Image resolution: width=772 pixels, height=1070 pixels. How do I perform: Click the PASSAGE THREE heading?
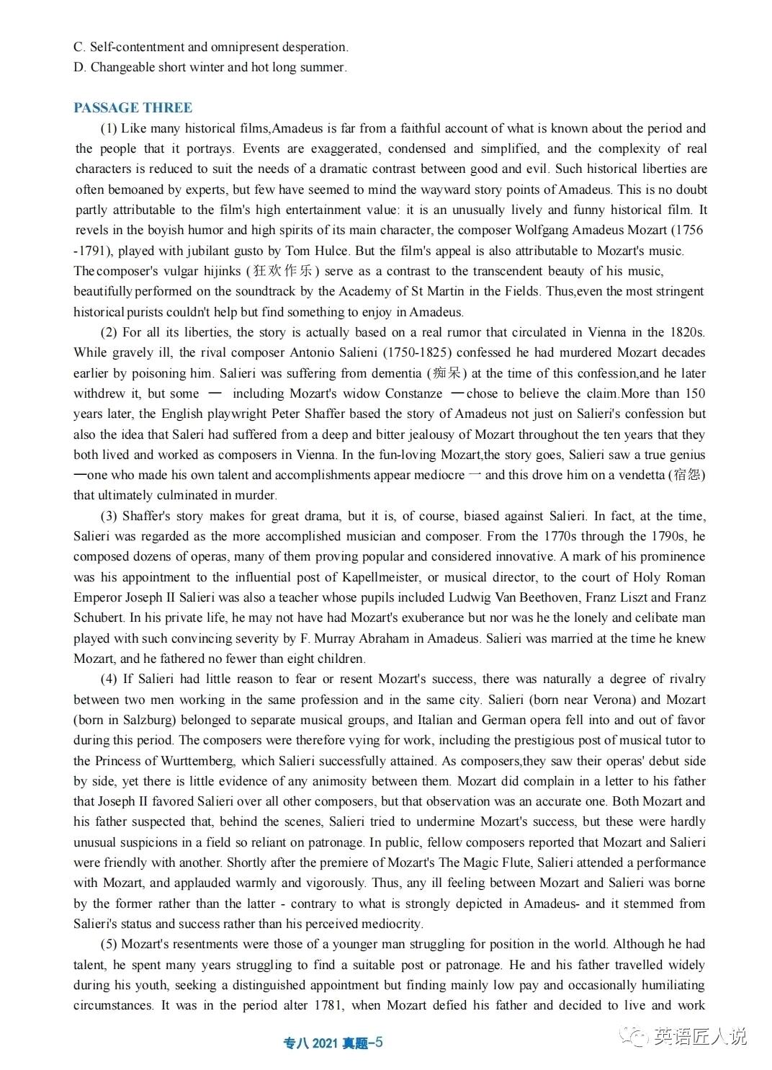pyautogui.click(x=133, y=108)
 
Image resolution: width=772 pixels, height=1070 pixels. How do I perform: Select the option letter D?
pyautogui.click(x=78, y=68)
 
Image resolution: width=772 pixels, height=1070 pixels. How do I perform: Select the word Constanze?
pyautogui.click(x=413, y=393)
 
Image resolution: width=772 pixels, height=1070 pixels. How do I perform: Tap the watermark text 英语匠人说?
pyautogui.click(x=700, y=1037)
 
